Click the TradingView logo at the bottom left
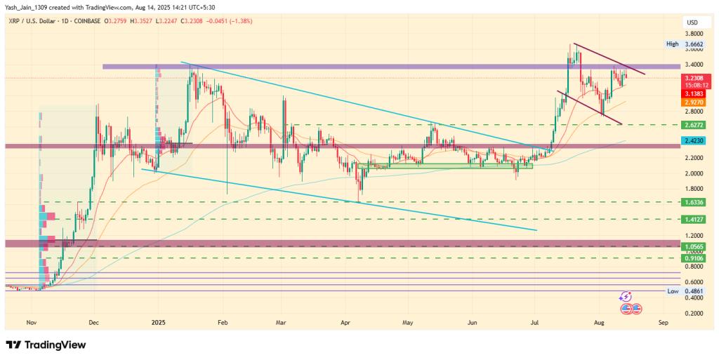[x=46, y=345]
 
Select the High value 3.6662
[x=692, y=44]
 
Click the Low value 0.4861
[x=692, y=291]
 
